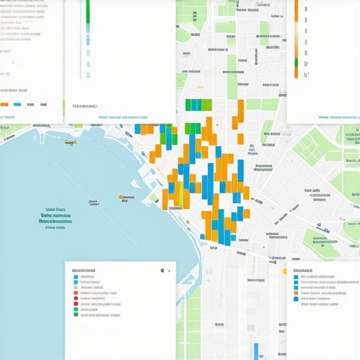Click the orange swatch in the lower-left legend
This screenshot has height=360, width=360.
[x=75, y=301]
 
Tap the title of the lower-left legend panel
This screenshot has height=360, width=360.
[x=84, y=270]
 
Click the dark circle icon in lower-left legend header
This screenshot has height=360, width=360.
[x=162, y=270]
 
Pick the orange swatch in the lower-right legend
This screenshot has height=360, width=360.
[x=295, y=294]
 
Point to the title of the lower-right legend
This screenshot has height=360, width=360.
[x=303, y=270]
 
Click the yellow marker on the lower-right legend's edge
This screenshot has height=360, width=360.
[x=284, y=271]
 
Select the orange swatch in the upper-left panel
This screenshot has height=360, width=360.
[x=3, y=104]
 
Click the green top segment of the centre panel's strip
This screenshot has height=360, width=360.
[x=88, y=11]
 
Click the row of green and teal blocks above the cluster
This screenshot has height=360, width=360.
[x=198, y=105]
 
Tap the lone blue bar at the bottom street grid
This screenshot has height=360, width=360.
[x=257, y=350]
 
